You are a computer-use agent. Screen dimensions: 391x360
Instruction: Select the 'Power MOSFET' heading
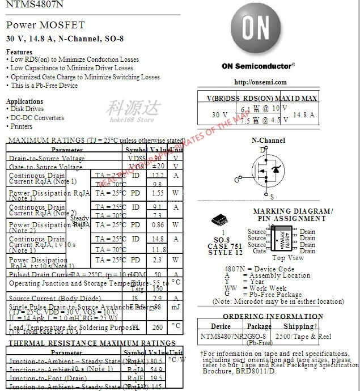pyautogui.click(x=45, y=25)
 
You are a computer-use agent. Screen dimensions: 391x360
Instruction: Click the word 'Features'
pyautogui.click(x=19, y=52)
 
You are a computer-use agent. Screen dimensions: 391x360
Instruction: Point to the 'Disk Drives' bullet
pyautogui.click(x=27, y=109)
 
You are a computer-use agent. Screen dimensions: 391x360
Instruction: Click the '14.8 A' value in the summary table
pyautogui.click(x=303, y=115)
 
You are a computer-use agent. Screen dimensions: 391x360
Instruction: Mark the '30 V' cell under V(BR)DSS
pyautogui.click(x=220, y=115)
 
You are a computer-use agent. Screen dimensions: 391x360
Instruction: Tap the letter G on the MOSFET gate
pyautogui.click(x=236, y=180)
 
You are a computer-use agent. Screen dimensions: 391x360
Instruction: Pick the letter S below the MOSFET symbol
pyautogui.click(x=272, y=197)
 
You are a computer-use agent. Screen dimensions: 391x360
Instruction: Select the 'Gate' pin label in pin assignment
pyautogui.click(x=259, y=251)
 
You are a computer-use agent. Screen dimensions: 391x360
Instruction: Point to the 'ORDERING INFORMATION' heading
pyautogui.click(x=273, y=317)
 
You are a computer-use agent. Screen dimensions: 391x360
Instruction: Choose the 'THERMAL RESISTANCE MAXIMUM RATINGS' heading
pyautogui.click(x=84, y=343)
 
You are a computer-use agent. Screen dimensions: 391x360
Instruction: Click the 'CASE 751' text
pyautogui.click(x=225, y=246)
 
